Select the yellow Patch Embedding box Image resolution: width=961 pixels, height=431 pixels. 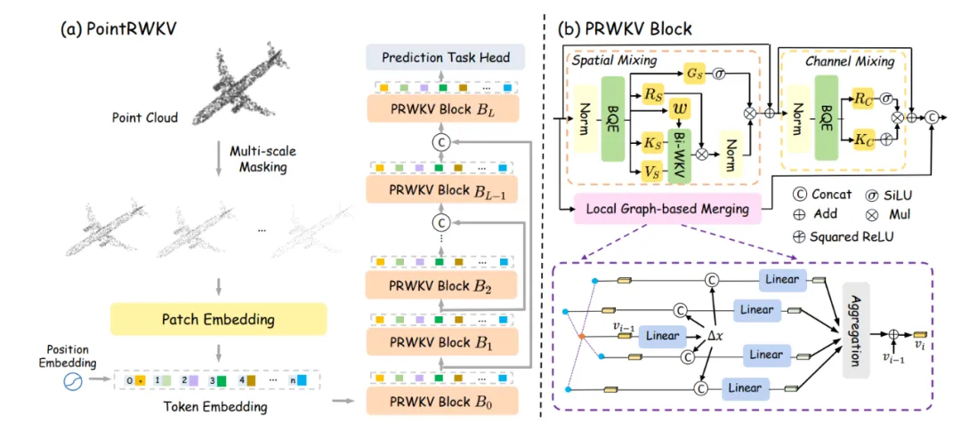pyautogui.click(x=218, y=319)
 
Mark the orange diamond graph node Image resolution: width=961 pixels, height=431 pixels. pyautogui.click(x=578, y=336)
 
